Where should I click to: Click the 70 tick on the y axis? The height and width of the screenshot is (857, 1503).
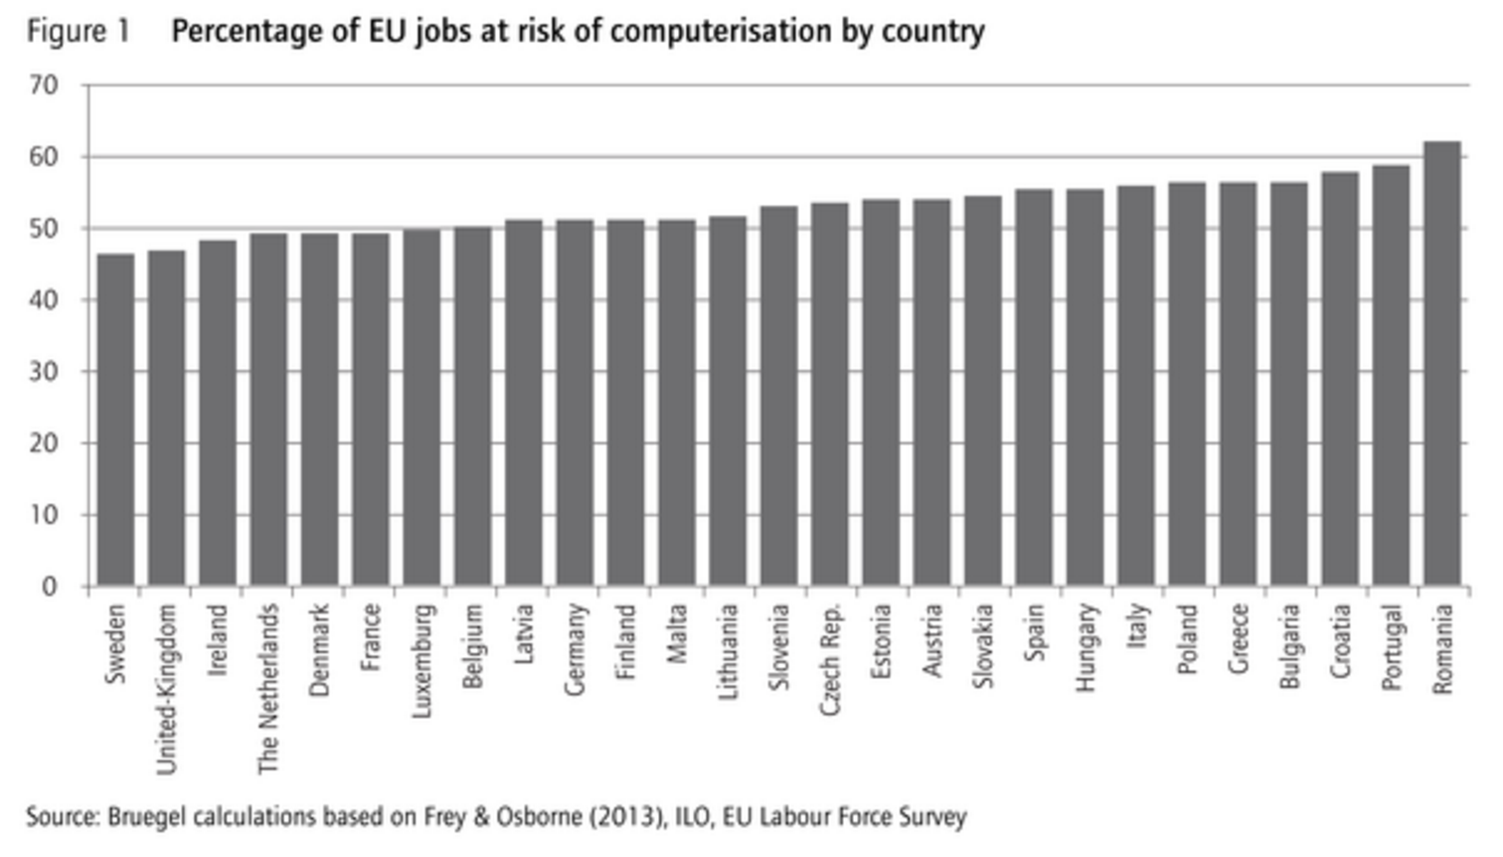pyautogui.click(x=44, y=86)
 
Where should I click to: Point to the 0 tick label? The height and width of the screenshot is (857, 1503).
pyautogui.click(x=50, y=587)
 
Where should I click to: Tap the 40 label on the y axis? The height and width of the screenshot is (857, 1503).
pyautogui.click(x=44, y=300)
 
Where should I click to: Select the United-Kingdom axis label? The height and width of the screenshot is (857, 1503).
pyautogui.click(x=167, y=689)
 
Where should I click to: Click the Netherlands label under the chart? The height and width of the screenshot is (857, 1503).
pyautogui.click(x=268, y=689)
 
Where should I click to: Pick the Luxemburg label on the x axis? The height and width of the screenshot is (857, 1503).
pyautogui.click(x=421, y=660)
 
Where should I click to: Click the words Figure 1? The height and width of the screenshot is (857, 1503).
pyautogui.click(x=78, y=32)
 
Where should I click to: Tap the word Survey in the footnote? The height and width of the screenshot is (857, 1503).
pyautogui.click(x=931, y=817)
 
